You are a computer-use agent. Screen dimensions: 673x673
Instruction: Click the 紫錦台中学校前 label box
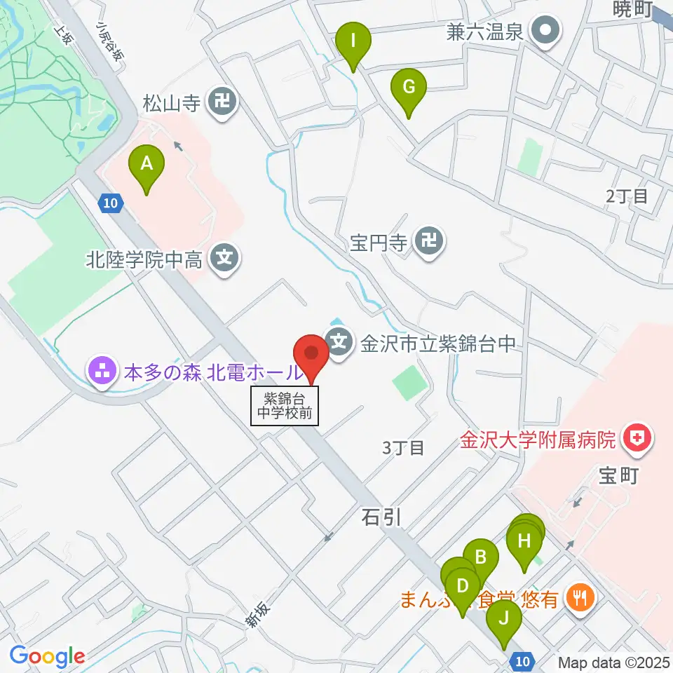click(285, 406)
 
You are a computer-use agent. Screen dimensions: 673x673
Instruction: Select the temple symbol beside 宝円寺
click(428, 243)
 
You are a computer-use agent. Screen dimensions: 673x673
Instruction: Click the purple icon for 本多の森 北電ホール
click(102, 372)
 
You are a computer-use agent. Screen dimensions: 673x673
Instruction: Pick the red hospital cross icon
click(638, 440)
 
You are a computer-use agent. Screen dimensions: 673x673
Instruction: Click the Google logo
click(47, 657)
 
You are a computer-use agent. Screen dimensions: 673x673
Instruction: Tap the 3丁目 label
click(403, 447)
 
